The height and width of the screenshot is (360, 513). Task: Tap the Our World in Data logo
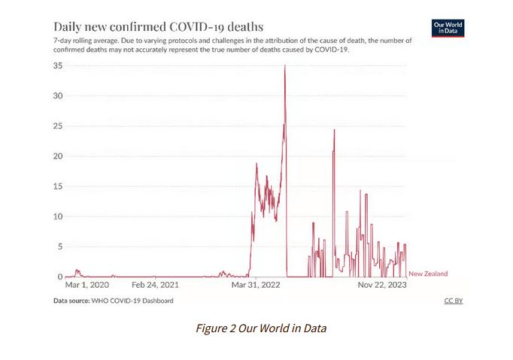449,28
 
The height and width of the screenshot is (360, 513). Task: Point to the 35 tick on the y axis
56,66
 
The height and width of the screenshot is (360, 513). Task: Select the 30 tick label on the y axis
56,96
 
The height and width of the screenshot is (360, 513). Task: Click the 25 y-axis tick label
56,126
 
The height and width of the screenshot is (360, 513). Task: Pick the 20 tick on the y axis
56,156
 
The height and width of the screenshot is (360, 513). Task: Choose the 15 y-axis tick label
56,186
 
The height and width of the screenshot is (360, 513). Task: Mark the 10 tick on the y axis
56,216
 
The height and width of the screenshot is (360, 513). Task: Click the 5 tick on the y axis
59,247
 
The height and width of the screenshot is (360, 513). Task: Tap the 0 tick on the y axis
59,277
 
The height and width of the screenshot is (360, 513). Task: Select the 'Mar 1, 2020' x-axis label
87,286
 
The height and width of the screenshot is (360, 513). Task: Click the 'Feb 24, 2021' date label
156,286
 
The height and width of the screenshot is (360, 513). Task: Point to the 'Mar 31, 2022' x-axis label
256,286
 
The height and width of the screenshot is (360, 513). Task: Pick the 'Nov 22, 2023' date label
382,286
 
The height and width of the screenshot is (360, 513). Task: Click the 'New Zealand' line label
428,274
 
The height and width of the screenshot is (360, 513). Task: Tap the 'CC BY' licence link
454,301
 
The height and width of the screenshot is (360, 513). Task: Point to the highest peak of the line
284,65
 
